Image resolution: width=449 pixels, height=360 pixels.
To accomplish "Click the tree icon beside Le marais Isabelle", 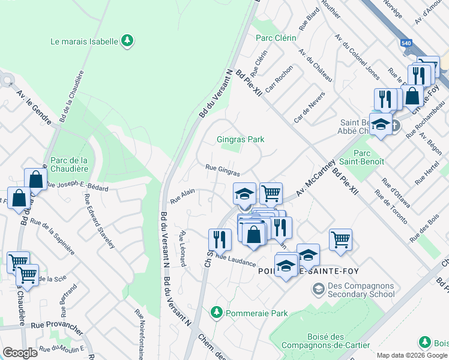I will (127, 41).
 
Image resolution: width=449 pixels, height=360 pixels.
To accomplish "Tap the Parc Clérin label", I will (276, 38).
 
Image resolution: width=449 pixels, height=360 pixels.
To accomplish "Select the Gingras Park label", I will (240, 139).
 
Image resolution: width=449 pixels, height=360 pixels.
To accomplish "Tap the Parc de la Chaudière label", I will (69, 164).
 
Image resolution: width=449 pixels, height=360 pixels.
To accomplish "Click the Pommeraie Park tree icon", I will (217, 313).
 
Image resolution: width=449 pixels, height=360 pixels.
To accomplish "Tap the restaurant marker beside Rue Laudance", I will (220, 239).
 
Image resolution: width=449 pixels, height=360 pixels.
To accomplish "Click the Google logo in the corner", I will (20, 353).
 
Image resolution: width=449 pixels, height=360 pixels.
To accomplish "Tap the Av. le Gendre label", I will (35, 107).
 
